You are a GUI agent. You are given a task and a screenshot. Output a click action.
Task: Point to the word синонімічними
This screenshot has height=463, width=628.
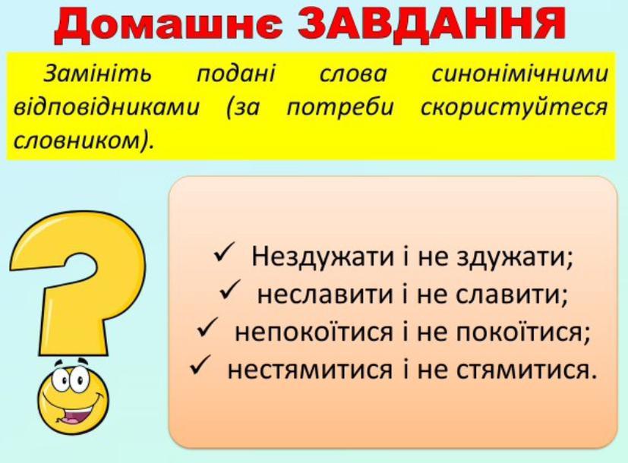coord(519,74)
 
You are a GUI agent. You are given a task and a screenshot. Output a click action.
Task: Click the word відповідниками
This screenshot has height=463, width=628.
coord(106,107)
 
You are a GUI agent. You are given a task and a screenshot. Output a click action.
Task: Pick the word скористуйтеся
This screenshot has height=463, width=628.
coord(514,108)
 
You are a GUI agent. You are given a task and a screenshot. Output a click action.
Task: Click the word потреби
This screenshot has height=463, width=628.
coord(340,107)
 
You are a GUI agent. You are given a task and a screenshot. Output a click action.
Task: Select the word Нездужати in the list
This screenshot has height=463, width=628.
coord(323,256)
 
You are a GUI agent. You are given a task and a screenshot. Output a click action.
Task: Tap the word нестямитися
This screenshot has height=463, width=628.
coord(310,369)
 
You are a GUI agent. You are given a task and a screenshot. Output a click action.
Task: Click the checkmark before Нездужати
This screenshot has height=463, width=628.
coord(222,254)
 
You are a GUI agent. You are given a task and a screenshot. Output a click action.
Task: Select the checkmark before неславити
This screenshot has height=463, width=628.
coord(229,291)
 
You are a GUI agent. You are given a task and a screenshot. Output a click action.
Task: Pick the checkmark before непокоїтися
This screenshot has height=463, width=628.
coord(207,329)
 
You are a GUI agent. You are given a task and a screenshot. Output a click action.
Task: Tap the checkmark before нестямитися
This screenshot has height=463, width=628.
coord(200,366)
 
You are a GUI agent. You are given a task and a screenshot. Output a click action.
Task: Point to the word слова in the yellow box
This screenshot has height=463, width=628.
coord(353,74)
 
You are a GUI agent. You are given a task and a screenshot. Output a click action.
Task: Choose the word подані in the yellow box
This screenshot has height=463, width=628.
coord(236,74)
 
